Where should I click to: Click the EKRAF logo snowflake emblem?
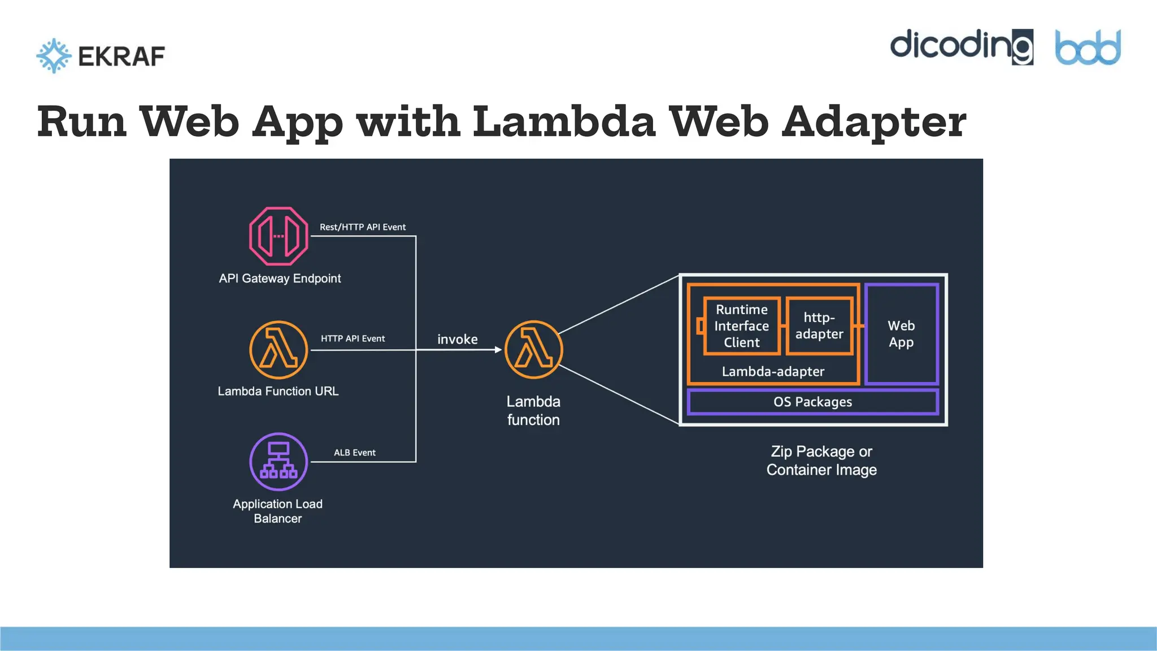pyautogui.click(x=54, y=55)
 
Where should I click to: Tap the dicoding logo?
pyautogui.click(x=961, y=46)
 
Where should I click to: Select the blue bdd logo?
pyautogui.click(x=1088, y=47)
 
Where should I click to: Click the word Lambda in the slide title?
pyautogui.click(x=563, y=121)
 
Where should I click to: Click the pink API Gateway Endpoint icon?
pyautogui.click(x=279, y=236)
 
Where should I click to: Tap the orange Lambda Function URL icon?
pyautogui.click(x=279, y=350)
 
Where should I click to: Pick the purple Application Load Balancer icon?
pyautogui.click(x=279, y=462)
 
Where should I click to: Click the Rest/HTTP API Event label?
pyautogui.click(x=363, y=227)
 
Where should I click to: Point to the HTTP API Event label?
pyautogui.click(x=353, y=338)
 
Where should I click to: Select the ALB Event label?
pyautogui.click(x=354, y=453)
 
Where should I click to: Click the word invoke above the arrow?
pyautogui.click(x=457, y=339)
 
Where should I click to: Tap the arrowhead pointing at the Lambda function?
pyautogui.click(x=498, y=350)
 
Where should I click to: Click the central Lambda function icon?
pyautogui.click(x=533, y=350)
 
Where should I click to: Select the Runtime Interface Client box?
pyautogui.click(x=742, y=326)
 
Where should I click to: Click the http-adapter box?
pyautogui.click(x=819, y=326)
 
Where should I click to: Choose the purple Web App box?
pyautogui.click(x=901, y=334)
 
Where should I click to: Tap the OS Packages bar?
pyautogui.click(x=812, y=402)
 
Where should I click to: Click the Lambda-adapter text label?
pyautogui.click(x=773, y=371)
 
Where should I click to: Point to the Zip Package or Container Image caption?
pyautogui.click(x=821, y=461)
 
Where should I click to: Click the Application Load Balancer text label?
pyautogui.click(x=277, y=511)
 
